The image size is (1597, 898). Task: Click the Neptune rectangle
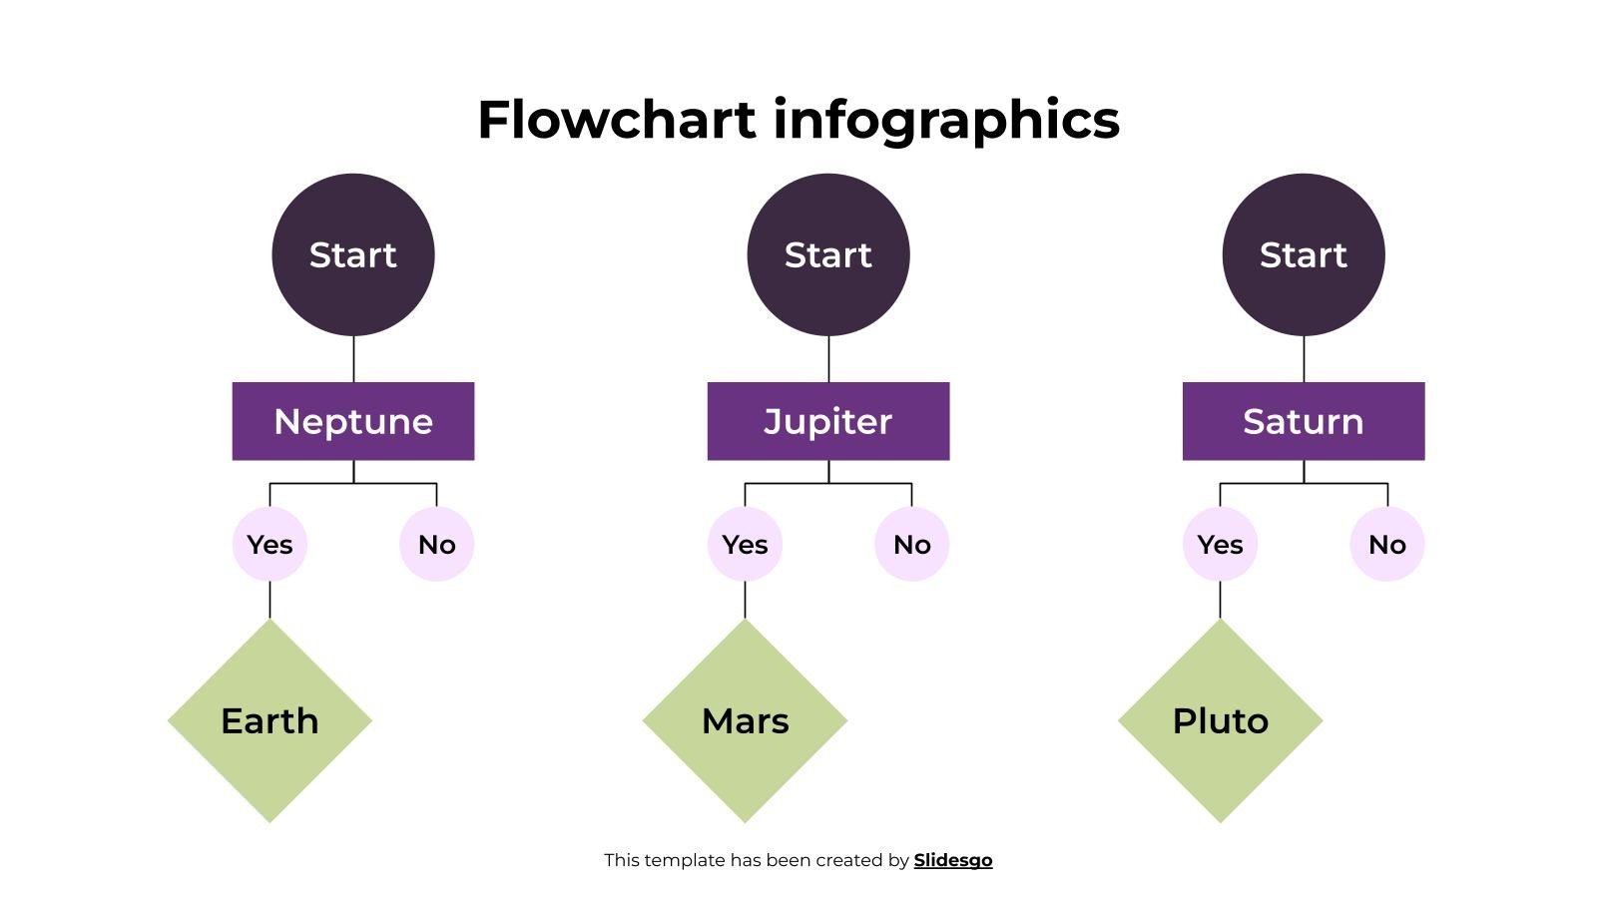(x=353, y=421)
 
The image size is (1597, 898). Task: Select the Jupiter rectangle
(x=828, y=421)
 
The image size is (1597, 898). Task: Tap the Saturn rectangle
(x=1304, y=421)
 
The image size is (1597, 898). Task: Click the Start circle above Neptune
(x=353, y=254)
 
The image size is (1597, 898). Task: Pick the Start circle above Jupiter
(x=828, y=254)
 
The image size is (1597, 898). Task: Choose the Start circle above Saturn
(x=1304, y=254)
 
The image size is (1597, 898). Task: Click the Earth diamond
(x=269, y=720)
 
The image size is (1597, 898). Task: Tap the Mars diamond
(x=745, y=720)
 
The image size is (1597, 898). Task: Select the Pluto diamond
(x=1220, y=720)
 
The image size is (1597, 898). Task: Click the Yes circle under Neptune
(x=269, y=544)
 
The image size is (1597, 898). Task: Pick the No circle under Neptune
(x=436, y=544)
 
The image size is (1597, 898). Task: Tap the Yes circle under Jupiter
(x=745, y=544)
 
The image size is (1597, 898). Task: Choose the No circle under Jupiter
(x=911, y=544)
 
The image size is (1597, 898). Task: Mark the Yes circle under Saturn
(x=1220, y=544)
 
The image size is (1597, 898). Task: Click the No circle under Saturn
(x=1387, y=544)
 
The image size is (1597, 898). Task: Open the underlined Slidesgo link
(x=953, y=860)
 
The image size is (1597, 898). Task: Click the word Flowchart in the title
(x=617, y=119)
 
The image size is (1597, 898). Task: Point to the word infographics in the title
(x=946, y=119)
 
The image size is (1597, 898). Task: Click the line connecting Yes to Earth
(x=269, y=600)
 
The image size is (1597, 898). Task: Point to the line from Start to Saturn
(x=1304, y=359)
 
